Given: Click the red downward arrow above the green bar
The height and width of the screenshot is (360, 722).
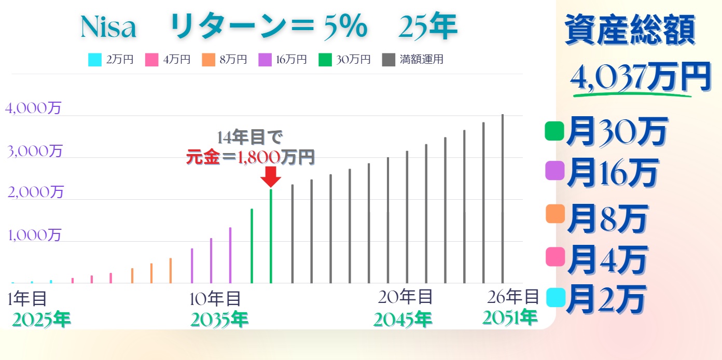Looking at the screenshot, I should (x=271, y=177).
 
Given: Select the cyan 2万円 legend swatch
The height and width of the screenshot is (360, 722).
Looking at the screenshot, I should (x=95, y=60).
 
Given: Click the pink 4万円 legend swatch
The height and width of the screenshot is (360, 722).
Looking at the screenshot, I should (x=151, y=60).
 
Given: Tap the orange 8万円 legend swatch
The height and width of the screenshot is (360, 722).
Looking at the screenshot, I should (x=208, y=60).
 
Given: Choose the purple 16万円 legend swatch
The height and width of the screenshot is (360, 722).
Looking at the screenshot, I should (x=265, y=60).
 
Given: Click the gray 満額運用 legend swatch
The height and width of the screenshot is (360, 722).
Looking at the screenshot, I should (x=388, y=60).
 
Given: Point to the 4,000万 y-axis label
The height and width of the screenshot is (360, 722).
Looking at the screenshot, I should (x=33, y=108).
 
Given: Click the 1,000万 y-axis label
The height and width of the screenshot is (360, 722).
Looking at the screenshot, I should (x=34, y=235).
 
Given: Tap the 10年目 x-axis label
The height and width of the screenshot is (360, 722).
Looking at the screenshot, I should (x=215, y=299).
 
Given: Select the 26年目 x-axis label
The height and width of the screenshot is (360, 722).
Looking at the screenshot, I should (x=513, y=297).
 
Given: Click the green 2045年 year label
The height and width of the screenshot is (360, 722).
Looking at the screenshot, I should (x=402, y=319).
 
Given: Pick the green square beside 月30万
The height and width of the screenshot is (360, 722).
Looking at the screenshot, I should (x=554, y=131).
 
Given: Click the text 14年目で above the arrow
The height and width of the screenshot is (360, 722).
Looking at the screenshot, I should (x=250, y=137).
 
